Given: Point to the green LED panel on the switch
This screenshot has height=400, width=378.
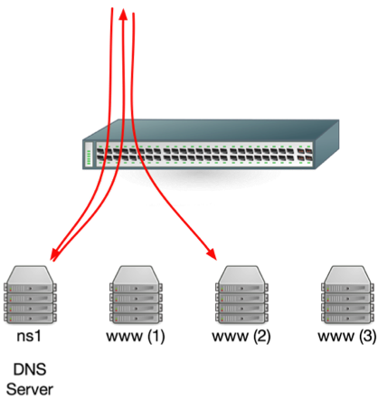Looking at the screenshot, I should coord(90,155).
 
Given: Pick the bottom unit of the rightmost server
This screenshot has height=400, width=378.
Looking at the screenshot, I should coord(349,318).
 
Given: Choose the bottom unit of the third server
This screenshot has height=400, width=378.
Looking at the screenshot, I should coord(242,318).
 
